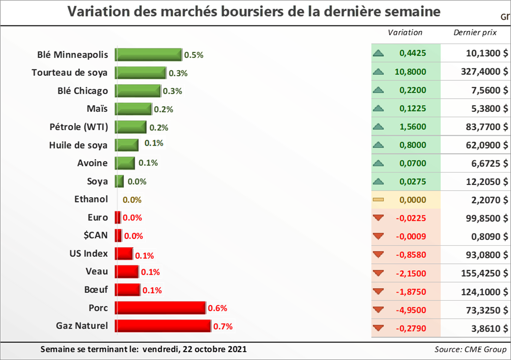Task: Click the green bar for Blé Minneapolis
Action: coord(148,54)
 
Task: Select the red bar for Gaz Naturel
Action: coord(163,326)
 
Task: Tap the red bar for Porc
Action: coord(160,308)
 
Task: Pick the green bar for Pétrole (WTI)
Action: coord(131,127)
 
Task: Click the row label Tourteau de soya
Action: coord(69,73)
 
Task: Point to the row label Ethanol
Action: coord(91,199)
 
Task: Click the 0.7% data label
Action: coord(223,327)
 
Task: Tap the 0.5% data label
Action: coord(194,55)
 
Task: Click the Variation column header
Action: coord(405,32)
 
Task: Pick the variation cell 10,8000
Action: coord(410,72)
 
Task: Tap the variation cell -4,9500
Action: coord(410,310)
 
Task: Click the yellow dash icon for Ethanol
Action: coord(378,200)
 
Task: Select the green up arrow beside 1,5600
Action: coord(378,127)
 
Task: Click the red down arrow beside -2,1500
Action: coord(378,273)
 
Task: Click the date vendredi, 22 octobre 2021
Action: coord(194,349)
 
